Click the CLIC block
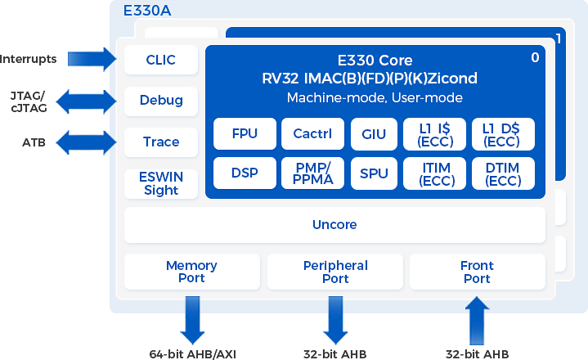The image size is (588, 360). pos(161,60)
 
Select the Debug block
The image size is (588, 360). pos(161,101)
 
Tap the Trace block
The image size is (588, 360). pos(161,142)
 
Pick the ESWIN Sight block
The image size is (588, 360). pos(161,183)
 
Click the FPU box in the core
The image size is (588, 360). pos(245,134)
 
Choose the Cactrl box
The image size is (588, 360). pos(312,134)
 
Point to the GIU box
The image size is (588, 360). pos(374,134)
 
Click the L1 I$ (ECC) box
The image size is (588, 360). pos(435,134)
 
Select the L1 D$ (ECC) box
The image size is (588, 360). pos(503,134)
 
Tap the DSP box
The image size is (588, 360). pos(245,173)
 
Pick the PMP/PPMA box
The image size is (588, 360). pos(312,173)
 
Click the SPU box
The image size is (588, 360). pos(374,173)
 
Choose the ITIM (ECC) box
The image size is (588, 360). pos(435,173)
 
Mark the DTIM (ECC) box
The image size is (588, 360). pos(503,173)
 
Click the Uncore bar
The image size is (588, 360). pos(334,224)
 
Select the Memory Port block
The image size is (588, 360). pos(191,272)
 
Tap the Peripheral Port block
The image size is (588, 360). pos(335,272)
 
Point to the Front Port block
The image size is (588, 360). pos(477,272)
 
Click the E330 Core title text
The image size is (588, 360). pos(375,61)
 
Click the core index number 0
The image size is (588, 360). pos(536,57)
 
